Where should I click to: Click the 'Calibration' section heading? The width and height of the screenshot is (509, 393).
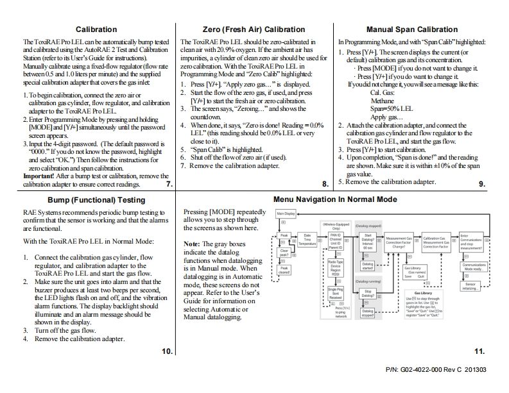[96, 29]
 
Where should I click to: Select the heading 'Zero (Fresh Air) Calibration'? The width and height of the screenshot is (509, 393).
[254, 29]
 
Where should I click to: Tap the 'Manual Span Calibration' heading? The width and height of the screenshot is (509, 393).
[411, 29]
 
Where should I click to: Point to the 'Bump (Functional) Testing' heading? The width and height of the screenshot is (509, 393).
[96, 200]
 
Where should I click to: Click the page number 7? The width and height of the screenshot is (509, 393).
[169, 184]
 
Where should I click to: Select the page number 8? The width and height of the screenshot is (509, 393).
[325, 184]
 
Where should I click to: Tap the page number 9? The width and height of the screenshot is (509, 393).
[482, 184]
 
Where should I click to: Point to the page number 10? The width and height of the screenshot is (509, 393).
[167, 351]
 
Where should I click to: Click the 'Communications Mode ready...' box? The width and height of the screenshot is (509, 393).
[472, 267]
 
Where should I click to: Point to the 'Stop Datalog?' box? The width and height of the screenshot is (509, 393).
[368, 294]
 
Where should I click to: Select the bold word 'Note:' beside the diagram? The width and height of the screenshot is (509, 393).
[194, 244]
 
